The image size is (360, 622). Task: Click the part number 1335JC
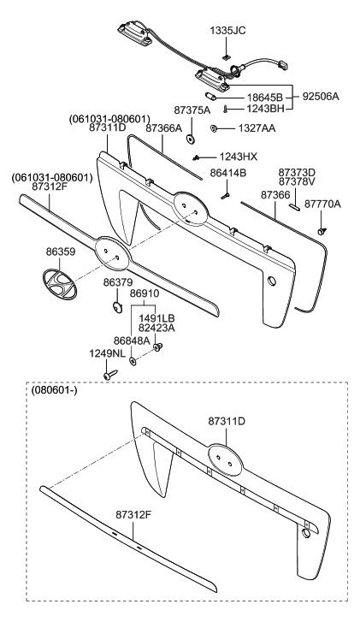(x=227, y=30)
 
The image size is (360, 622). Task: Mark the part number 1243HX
(x=237, y=157)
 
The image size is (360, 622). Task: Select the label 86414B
(x=227, y=173)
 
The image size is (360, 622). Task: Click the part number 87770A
(x=322, y=204)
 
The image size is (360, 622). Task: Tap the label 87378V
(x=297, y=181)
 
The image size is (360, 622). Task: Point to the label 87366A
(x=164, y=127)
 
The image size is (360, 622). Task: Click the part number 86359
(x=60, y=253)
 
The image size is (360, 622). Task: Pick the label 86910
(x=144, y=293)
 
